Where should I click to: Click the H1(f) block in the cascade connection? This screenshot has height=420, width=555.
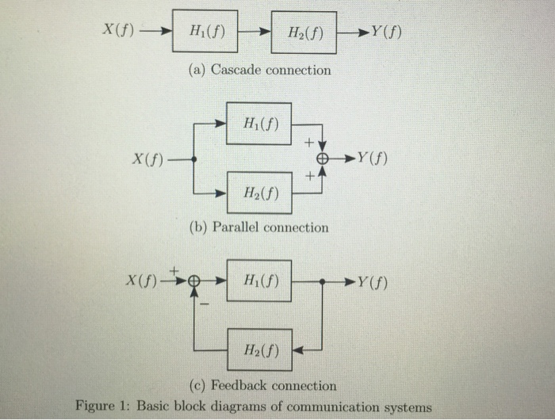[x=205, y=33]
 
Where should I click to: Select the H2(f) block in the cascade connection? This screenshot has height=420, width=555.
[x=303, y=32]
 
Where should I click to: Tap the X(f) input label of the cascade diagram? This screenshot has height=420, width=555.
[x=119, y=31]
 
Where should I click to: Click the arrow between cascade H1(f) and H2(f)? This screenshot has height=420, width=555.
[x=255, y=33]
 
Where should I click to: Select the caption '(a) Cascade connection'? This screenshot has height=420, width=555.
[x=260, y=71]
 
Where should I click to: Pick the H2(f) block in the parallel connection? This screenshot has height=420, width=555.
[x=258, y=193]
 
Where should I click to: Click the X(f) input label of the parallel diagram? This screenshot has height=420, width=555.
[x=148, y=158]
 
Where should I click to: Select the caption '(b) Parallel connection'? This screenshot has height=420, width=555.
[x=258, y=227]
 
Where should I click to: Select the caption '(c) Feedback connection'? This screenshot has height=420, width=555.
[x=262, y=386]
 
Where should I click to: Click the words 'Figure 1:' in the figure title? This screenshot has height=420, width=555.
[x=101, y=406]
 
